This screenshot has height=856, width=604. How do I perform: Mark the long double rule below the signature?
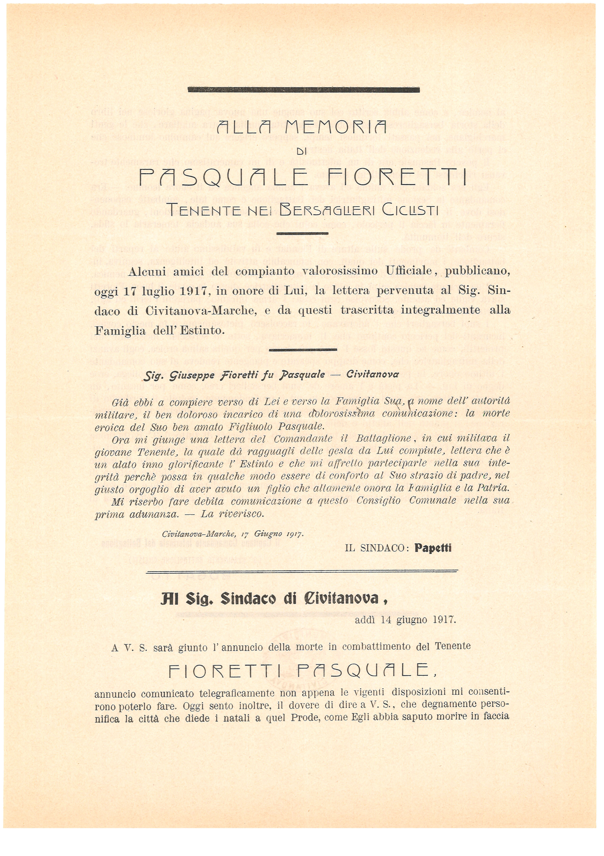(302, 571)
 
